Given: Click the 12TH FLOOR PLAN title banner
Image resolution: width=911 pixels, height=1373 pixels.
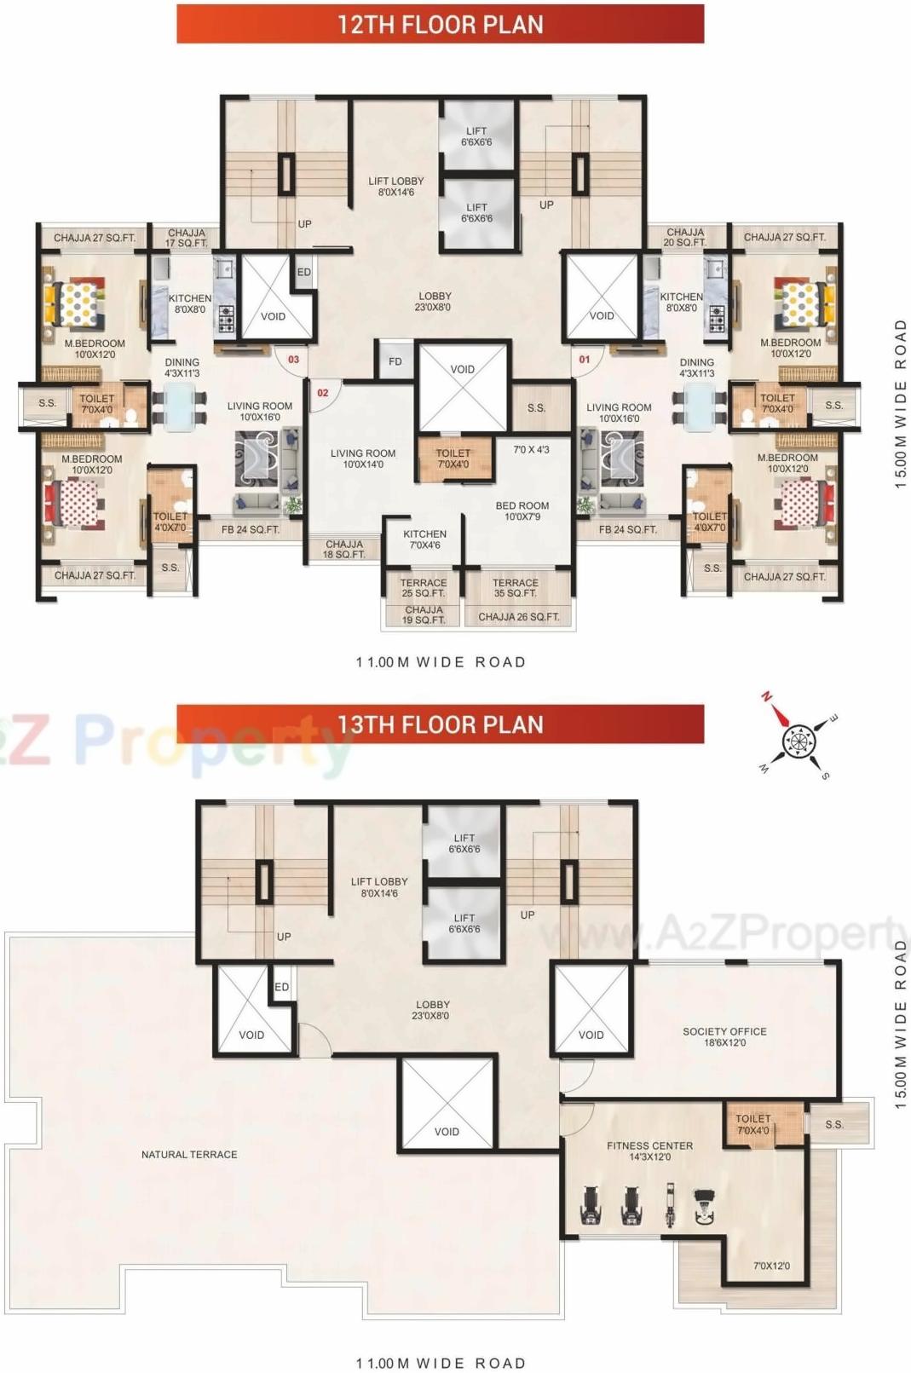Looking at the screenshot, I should tap(440, 24).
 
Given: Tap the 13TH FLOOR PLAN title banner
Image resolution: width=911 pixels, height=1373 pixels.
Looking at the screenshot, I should tap(440, 724).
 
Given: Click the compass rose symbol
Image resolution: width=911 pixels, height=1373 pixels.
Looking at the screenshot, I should tap(799, 738).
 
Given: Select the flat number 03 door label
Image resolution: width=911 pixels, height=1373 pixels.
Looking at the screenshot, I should tap(293, 360).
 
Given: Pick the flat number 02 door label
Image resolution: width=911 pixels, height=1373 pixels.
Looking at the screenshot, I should tap(322, 393).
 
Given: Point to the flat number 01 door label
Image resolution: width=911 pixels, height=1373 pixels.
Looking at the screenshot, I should tap(585, 360).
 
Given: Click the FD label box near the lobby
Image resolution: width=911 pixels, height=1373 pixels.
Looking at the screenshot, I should tap(395, 362).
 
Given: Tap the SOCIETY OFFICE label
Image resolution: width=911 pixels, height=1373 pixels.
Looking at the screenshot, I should tap(724, 1036).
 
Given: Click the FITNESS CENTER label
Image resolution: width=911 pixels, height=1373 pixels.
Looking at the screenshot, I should tap(649, 1151).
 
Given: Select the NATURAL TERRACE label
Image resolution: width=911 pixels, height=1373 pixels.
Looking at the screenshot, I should tap(189, 1155).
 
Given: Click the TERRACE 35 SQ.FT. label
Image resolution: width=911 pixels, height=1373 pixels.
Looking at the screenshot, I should tap(515, 588).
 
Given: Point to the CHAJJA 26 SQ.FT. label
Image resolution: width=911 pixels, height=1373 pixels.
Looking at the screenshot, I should tap(518, 617).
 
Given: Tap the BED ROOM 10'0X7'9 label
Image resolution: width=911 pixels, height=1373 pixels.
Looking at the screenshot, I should tap(522, 511).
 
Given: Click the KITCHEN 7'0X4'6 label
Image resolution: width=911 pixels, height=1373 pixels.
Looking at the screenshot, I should tap(424, 539).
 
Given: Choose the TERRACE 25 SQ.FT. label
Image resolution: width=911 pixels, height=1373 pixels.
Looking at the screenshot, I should tap(424, 588).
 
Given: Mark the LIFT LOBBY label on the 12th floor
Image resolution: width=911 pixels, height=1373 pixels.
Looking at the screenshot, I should tap(395, 186).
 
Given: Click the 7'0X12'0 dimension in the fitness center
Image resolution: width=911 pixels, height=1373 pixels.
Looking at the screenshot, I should tap(771, 1266).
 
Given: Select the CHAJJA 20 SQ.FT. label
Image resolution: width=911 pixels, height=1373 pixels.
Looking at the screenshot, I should tap(685, 237).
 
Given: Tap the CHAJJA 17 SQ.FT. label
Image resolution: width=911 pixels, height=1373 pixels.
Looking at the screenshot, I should tap(187, 238).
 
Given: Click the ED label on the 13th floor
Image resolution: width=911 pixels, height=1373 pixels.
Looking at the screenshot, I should tap(282, 987).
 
